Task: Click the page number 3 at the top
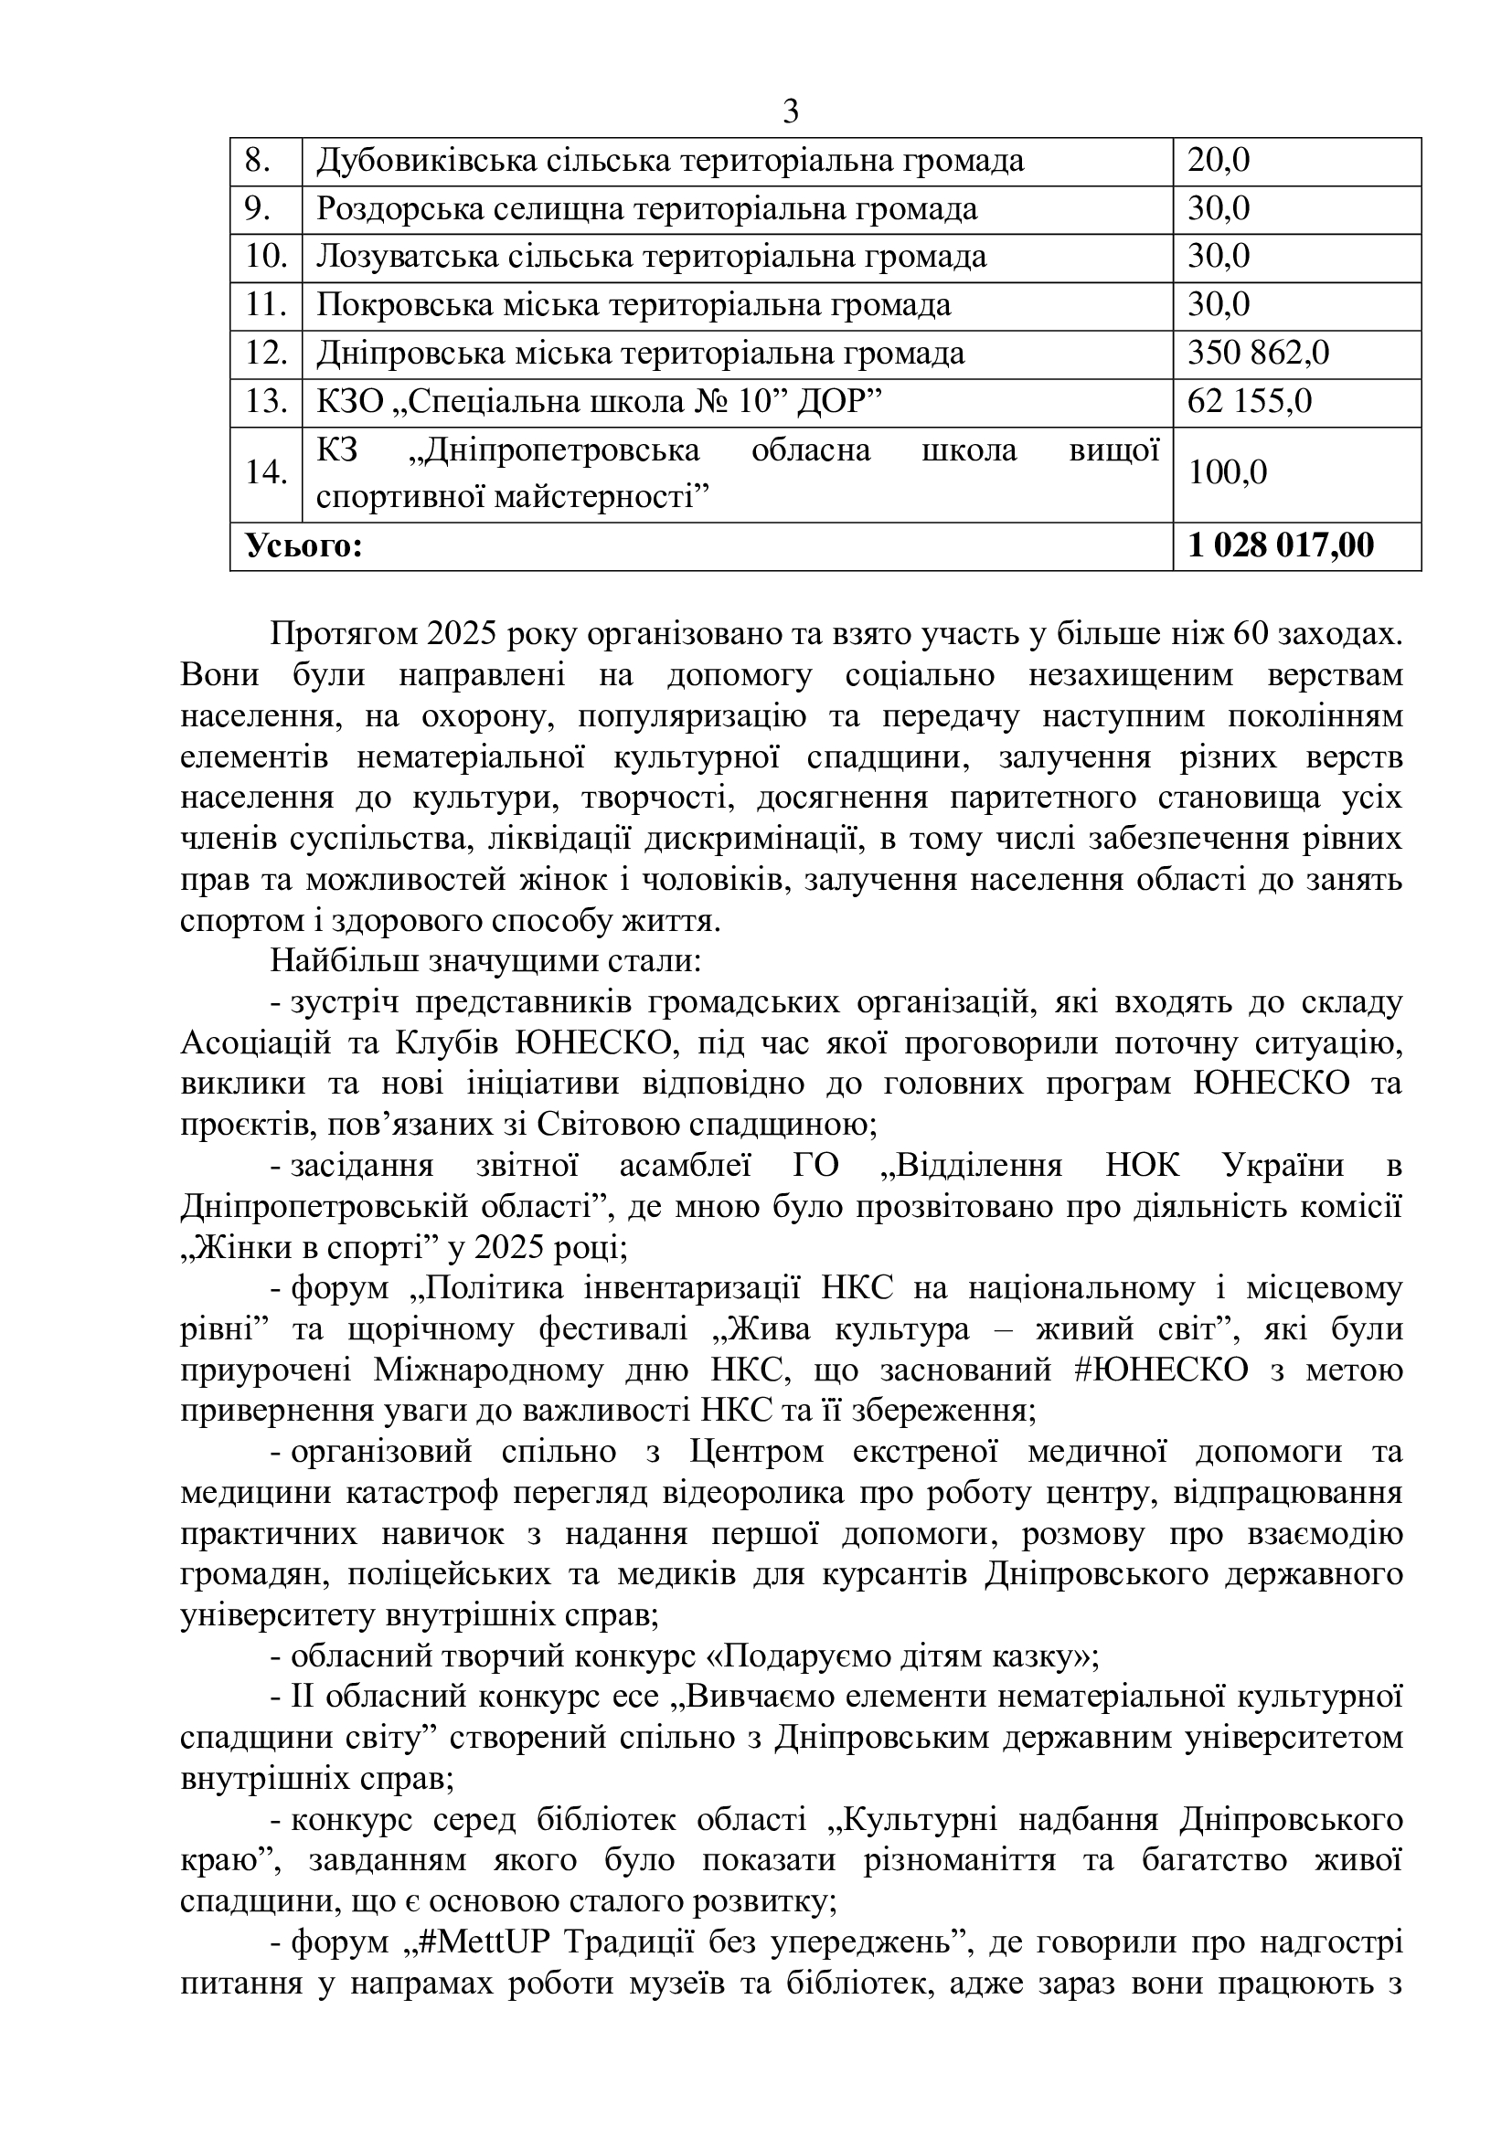point(791,112)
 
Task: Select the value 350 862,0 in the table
point(1258,354)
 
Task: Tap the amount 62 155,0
point(1250,402)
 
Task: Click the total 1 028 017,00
point(1280,546)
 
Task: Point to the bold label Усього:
point(303,546)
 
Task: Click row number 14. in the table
point(265,474)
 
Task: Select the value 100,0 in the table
point(1227,474)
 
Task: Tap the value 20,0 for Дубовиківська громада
point(1218,161)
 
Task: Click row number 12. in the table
point(265,354)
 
